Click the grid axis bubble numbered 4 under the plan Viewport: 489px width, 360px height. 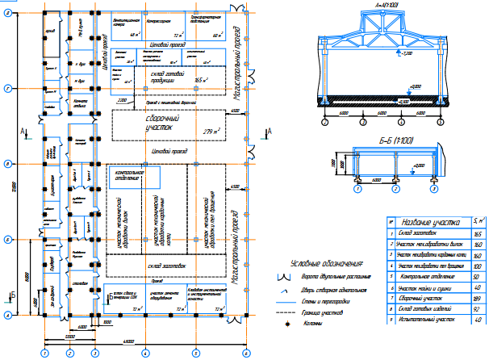point(144,353)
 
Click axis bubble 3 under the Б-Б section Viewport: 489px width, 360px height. point(434,190)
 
